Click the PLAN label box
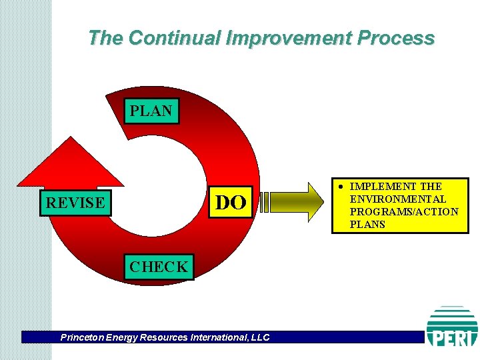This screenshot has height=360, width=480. coord(151,111)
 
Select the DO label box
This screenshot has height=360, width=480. coord(230,202)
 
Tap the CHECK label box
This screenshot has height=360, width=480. coord(159,267)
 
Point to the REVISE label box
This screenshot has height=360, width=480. coord(75,203)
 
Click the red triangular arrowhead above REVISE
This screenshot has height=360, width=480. coord(70,163)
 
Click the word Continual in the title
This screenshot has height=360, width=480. coord(175,38)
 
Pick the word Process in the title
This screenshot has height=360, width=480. coord(396,38)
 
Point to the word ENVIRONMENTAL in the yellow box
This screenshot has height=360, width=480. coord(398,199)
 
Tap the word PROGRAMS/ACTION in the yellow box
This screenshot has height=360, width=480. coord(404,212)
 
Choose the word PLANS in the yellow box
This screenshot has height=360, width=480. coord(367,225)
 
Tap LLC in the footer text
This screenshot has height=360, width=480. coord(260,337)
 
